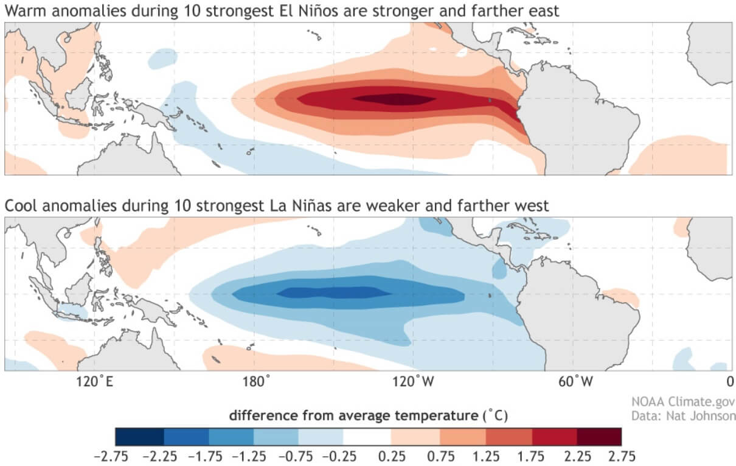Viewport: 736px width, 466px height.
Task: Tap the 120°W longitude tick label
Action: point(415,382)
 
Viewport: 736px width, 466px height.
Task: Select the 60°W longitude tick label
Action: point(575,382)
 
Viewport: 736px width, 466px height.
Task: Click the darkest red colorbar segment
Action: point(599,436)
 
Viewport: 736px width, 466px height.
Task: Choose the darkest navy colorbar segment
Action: point(139,436)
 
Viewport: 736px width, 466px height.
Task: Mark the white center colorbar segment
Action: point(367,436)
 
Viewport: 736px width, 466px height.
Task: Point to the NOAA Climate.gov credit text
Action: point(691,402)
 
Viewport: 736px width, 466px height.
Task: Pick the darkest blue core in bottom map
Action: point(335,293)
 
